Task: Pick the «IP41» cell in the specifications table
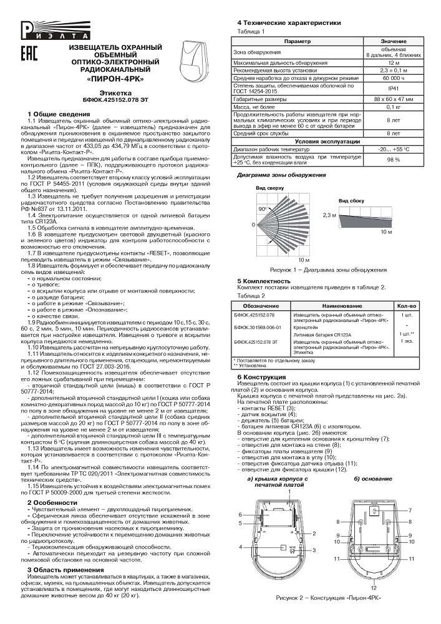click(393, 89)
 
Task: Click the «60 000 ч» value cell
click(393, 79)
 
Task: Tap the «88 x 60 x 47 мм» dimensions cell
click(393, 99)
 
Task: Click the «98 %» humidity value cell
click(393, 160)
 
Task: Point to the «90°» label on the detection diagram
click(263, 209)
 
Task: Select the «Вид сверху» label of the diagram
click(268, 188)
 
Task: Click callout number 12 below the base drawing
click(374, 588)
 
